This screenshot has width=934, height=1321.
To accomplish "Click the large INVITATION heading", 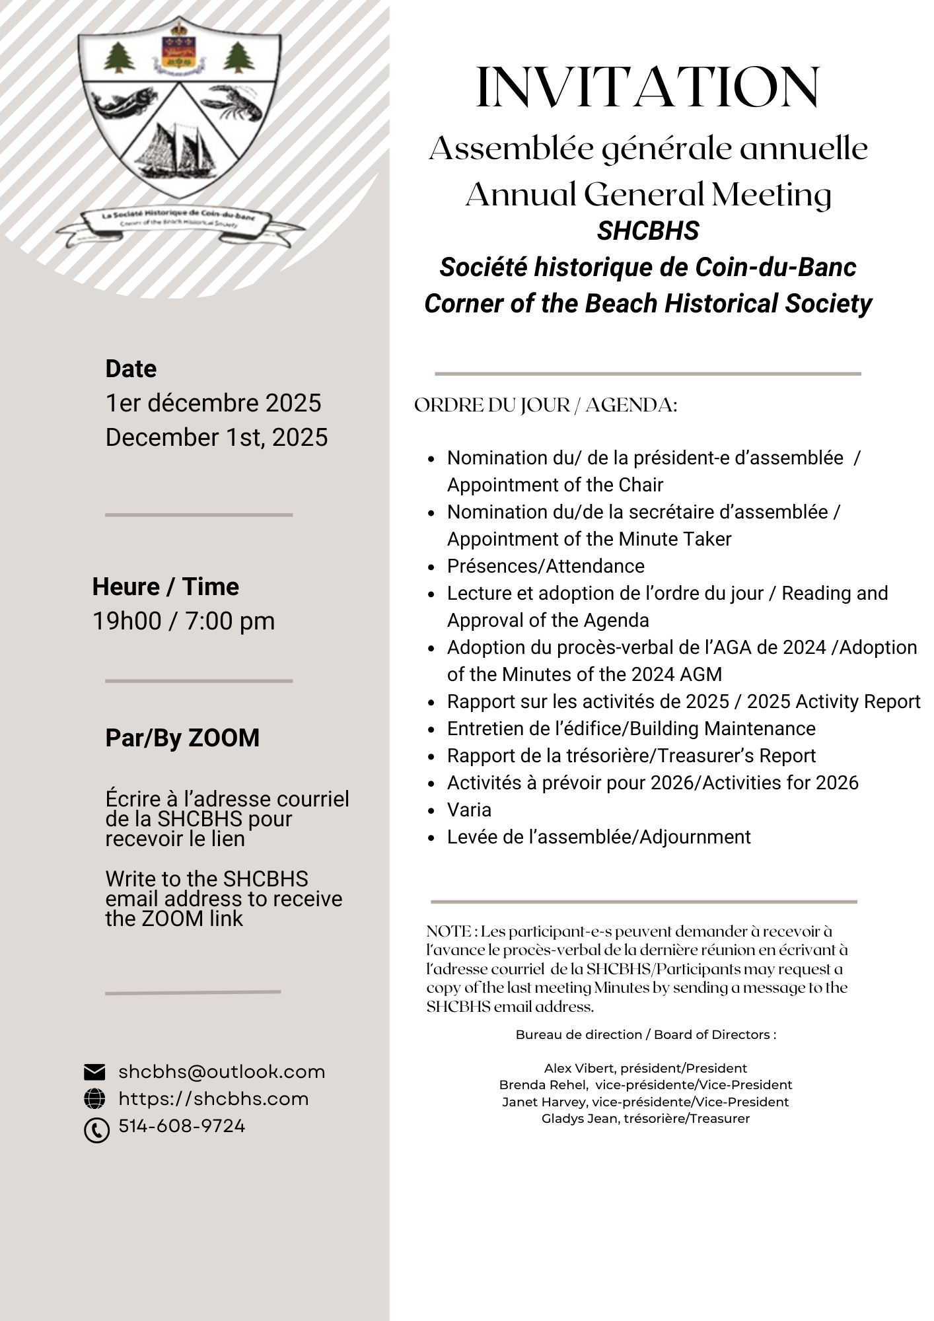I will pyautogui.click(x=648, y=87).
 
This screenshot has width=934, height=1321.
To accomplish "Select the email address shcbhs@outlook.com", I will pyautogui.click(x=222, y=1071).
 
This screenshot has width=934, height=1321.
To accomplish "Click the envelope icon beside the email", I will pyautogui.click(x=95, y=1072).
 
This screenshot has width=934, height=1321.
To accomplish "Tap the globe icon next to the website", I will pyautogui.click(x=95, y=1098).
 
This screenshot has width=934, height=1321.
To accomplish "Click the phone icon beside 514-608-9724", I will pyautogui.click(x=96, y=1130).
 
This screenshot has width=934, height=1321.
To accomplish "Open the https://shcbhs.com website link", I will pyautogui.click(x=213, y=1098).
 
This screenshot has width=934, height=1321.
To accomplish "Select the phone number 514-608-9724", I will pyautogui.click(x=182, y=1125).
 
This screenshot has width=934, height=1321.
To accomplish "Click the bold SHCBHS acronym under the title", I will pyautogui.click(x=648, y=231).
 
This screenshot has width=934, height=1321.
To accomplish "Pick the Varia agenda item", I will pyautogui.click(x=469, y=810).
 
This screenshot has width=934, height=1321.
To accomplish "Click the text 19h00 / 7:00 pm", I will pyautogui.click(x=183, y=621).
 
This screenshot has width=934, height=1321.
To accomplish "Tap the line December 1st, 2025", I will pyautogui.click(x=217, y=437).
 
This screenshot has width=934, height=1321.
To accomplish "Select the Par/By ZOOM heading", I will pyautogui.click(x=182, y=738).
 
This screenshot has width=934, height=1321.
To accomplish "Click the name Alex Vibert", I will pyautogui.click(x=579, y=1068).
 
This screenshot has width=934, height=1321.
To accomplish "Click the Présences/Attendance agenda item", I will pyautogui.click(x=546, y=566).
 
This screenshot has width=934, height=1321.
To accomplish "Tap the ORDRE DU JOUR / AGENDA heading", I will pyautogui.click(x=546, y=405).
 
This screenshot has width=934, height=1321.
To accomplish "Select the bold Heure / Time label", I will pyautogui.click(x=165, y=587).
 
